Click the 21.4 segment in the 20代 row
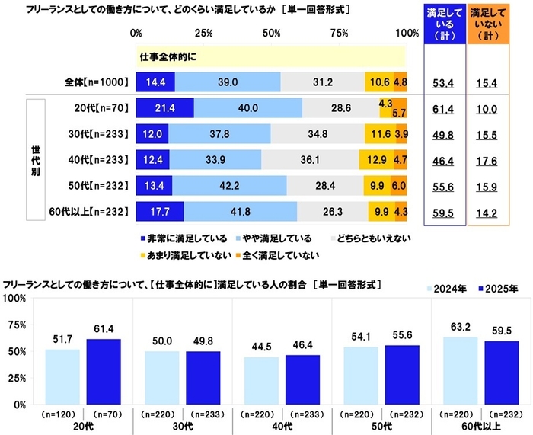pyautogui.click(x=164, y=108)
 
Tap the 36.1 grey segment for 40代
pyautogui.click(x=310, y=159)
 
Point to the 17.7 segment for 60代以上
pyautogui.click(x=159, y=210)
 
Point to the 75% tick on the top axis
pyautogui.click(x=340, y=34)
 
